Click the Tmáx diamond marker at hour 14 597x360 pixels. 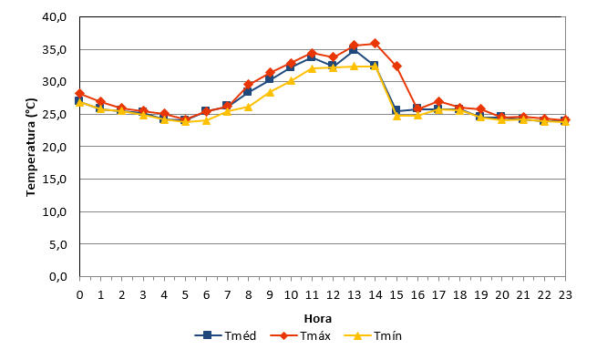click(x=375, y=44)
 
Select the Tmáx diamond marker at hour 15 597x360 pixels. click(x=396, y=67)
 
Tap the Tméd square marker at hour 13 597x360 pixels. click(x=354, y=49)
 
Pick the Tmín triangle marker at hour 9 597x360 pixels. click(x=270, y=92)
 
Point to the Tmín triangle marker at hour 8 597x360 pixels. click(x=248, y=107)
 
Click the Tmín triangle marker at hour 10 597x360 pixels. click(x=292, y=81)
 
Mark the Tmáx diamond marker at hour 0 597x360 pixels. click(x=79, y=94)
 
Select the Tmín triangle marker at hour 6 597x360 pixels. click(x=206, y=120)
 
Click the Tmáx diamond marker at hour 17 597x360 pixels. click(x=438, y=101)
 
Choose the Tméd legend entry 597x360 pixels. click(x=225, y=335)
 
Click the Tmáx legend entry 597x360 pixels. click(x=301, y=335)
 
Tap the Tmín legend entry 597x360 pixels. click(x=373, y=335)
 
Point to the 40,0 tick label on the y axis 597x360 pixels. click(x=55, y=17)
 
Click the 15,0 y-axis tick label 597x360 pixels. click(x=55, y=180)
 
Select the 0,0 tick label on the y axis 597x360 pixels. click(x=57, y=277)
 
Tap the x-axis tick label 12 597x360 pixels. click(x=334, y=295)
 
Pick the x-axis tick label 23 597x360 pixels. click(x=565, y=295)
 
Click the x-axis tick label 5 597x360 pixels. click(x=185, y=295)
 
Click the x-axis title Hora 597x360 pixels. click(x=318, y=318)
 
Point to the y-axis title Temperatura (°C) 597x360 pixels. click(x=31, y=148)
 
